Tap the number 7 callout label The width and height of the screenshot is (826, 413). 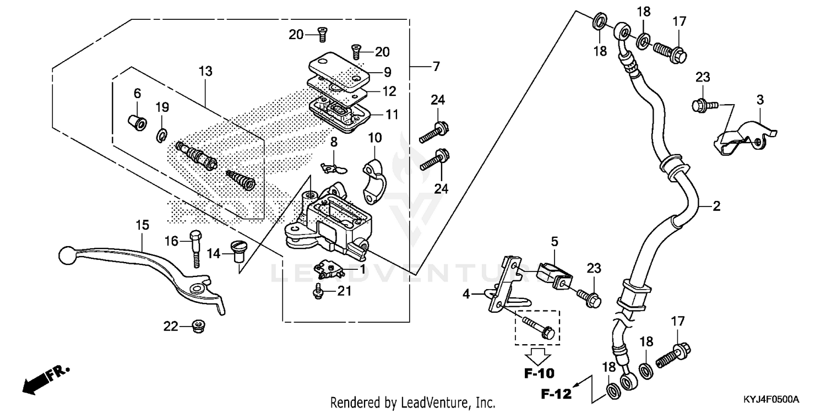click(x=436, y=67)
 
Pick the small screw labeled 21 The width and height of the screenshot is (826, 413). click(x=318, y=292)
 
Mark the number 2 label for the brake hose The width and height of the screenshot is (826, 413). click(x=716, y=206)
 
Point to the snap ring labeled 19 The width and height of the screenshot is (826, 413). click(x=162, y=134)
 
